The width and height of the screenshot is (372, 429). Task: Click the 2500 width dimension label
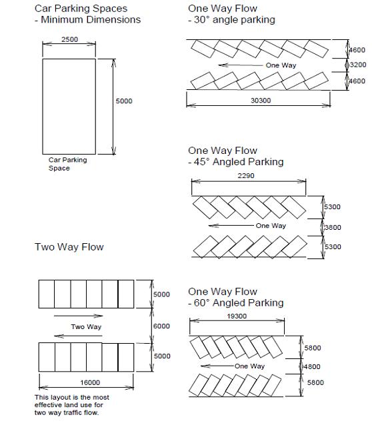(x=69, y=39)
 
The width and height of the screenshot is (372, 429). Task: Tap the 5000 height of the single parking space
(x=124, y=101)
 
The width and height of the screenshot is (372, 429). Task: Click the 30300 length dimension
(x=261, y=101)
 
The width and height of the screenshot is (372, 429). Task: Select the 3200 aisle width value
(x=358, y=65)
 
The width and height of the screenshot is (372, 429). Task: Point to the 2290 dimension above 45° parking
(x=246, y=176)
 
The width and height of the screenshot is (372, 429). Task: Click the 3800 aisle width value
(x=333, y=227)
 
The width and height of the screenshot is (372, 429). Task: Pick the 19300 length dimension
(x=237, y=316)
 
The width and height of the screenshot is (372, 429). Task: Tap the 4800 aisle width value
(x=312, y=366)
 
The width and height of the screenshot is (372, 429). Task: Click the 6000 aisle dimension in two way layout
(x=161, y=326)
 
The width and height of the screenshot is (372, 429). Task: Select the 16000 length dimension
(x=90, y=382)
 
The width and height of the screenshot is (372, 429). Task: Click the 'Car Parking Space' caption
(x=67, y=164)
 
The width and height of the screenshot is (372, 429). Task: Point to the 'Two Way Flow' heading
(x=69, y=247)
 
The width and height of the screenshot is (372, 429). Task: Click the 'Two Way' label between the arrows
(x=86, y=326)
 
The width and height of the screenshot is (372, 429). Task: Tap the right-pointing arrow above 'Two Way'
(x=78, y=316)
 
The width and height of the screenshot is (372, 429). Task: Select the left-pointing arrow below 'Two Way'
(x=78, y=336)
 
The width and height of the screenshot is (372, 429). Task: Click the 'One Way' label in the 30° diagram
(x=281, y=65)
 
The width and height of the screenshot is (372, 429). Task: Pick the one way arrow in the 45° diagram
(x=231, y=225)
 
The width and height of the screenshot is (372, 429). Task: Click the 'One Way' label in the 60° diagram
(x=249, y=366)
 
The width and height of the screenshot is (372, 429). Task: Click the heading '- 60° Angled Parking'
(x=236, y=303)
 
